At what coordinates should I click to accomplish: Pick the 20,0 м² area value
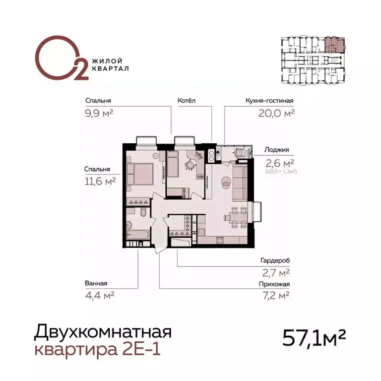point(276,113)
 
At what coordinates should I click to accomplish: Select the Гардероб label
point(274,260)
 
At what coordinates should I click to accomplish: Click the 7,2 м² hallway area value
point(277,296)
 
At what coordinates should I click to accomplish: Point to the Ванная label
point(96,284)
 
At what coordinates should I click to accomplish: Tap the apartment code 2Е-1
point(142,350)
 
